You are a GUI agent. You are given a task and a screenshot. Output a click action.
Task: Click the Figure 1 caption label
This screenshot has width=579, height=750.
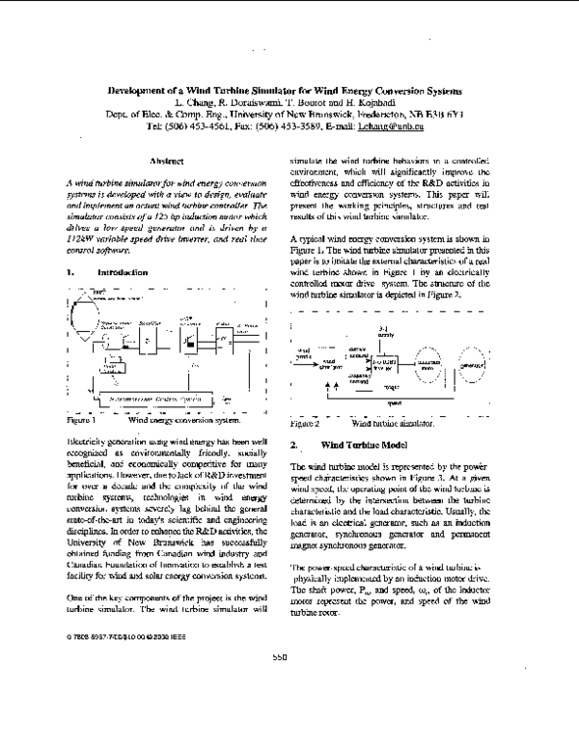(x=82, y=421)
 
